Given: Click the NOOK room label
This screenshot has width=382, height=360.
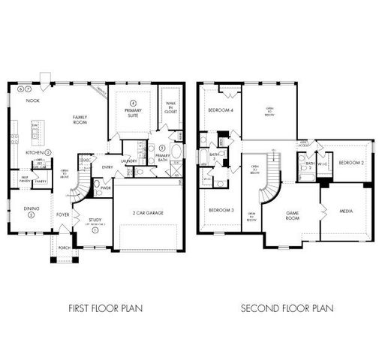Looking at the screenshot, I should click(x=32, y=100).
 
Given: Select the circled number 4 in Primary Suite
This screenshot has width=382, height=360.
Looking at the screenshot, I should click(x=132, y=102).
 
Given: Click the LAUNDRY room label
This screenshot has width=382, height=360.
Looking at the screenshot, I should click(x=128, y=160).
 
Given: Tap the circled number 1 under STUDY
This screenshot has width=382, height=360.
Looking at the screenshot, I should click(x=95, y=230).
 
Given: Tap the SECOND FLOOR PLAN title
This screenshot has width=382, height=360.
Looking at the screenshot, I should click(x=287, y=308).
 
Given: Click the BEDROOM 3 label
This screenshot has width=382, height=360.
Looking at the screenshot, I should click(x=220, y=209).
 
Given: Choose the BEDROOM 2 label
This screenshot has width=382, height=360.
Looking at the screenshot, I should click(x=350, y=163).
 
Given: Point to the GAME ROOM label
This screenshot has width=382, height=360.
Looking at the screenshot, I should click(x=292, y=215).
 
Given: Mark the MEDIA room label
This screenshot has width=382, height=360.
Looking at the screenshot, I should click(x=345, y=211).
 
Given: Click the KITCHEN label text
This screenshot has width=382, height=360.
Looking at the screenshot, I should click(x=34, y=152).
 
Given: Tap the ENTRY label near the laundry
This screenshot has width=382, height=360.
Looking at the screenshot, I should click(x=107, y=167).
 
